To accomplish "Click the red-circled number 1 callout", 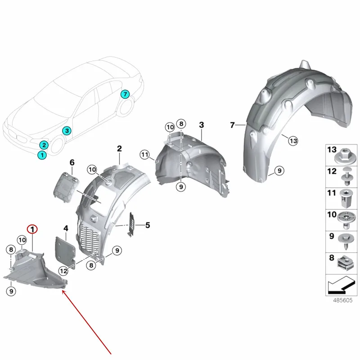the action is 33,229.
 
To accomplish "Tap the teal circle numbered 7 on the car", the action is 125,94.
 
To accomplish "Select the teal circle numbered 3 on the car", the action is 66,131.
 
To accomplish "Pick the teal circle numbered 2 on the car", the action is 44,145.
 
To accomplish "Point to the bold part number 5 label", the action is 147,225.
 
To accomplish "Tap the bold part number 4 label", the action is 66,229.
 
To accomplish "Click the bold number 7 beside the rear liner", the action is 233,125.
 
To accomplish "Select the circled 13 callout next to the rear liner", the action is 293,141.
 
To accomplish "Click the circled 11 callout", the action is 144,155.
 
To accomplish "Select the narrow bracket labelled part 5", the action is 133,224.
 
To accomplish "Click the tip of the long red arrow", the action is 62,291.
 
